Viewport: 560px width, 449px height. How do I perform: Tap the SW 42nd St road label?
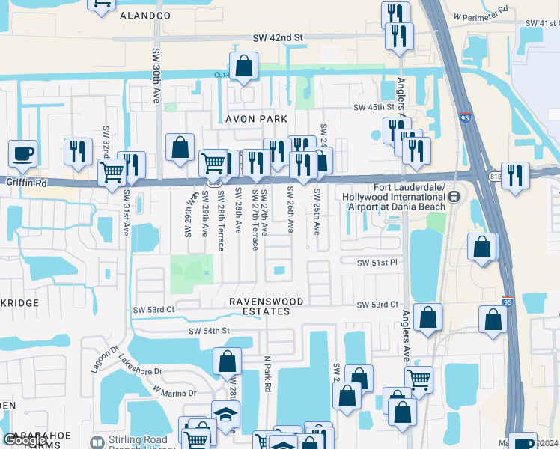click(x=277, y=37)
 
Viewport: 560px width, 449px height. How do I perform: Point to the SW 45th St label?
click(x=374, y=108)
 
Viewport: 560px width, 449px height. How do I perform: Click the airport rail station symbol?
click(x=454, y=196)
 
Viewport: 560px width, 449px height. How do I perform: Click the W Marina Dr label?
click(x=174, y=392)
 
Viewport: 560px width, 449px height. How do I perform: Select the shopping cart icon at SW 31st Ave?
click(x=112, y=172)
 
